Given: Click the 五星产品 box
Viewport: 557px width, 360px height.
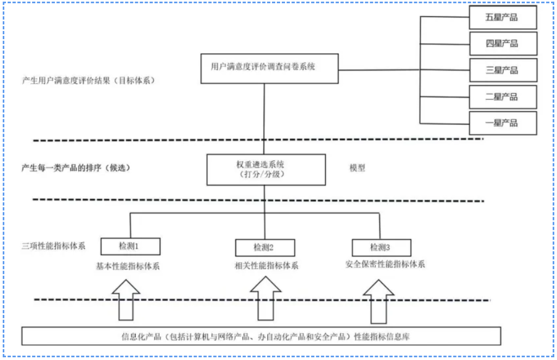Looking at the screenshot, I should click(x=503, y=17).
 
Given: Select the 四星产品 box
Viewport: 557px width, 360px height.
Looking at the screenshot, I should click(x=503, y=43).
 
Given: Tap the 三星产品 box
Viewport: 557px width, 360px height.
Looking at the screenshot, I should click(x=503, y=70).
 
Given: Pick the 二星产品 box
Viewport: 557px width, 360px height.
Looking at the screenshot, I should click(x=503, y=97).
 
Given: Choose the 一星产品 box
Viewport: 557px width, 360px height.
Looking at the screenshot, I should click(x=503, y=123).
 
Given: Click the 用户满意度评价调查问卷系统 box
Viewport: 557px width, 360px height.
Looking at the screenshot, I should click(x=269, y=68).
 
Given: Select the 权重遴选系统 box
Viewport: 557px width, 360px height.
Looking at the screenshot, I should click(x=266, y=169).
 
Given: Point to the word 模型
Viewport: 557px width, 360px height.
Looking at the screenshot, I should click(x=357, y=168).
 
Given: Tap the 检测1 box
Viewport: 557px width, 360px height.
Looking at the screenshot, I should click(x=130, y=247).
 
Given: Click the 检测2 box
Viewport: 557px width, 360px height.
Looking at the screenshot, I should click(x=264, y=248).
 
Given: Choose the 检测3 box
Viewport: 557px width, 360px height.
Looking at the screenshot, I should click(x=381, y=248).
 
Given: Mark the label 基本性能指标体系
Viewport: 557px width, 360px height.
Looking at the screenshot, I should click(x=128, y=267).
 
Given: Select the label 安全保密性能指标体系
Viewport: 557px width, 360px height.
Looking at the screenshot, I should click(x=385, y=264).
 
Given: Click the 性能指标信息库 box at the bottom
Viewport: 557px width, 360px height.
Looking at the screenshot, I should click(x=261, y=336).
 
